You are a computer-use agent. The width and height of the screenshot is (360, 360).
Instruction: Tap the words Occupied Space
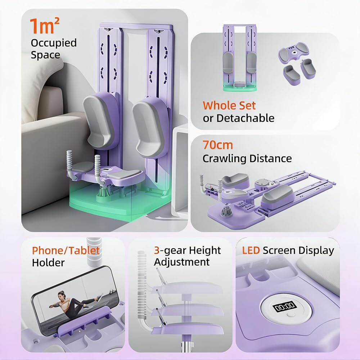[x=54, y=49]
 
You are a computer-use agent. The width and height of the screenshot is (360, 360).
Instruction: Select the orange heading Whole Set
[x=229, y=105]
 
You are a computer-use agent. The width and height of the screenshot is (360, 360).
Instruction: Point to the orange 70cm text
[x=217, y=145]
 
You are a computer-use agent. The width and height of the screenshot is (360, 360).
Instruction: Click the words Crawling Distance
[x=247, y=158]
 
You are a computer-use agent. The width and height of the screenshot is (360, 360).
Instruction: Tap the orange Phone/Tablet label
[x=66, y=251]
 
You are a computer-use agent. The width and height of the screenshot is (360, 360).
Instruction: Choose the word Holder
[x=48, y=263]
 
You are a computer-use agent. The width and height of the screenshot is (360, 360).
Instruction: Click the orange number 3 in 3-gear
[x=157, y=250]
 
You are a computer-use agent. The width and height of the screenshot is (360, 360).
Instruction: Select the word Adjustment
[x=182, y=262]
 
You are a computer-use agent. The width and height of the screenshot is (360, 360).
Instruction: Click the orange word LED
[x=248, y=251]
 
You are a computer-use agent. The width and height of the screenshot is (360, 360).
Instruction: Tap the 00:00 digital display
[x=284, y=307]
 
